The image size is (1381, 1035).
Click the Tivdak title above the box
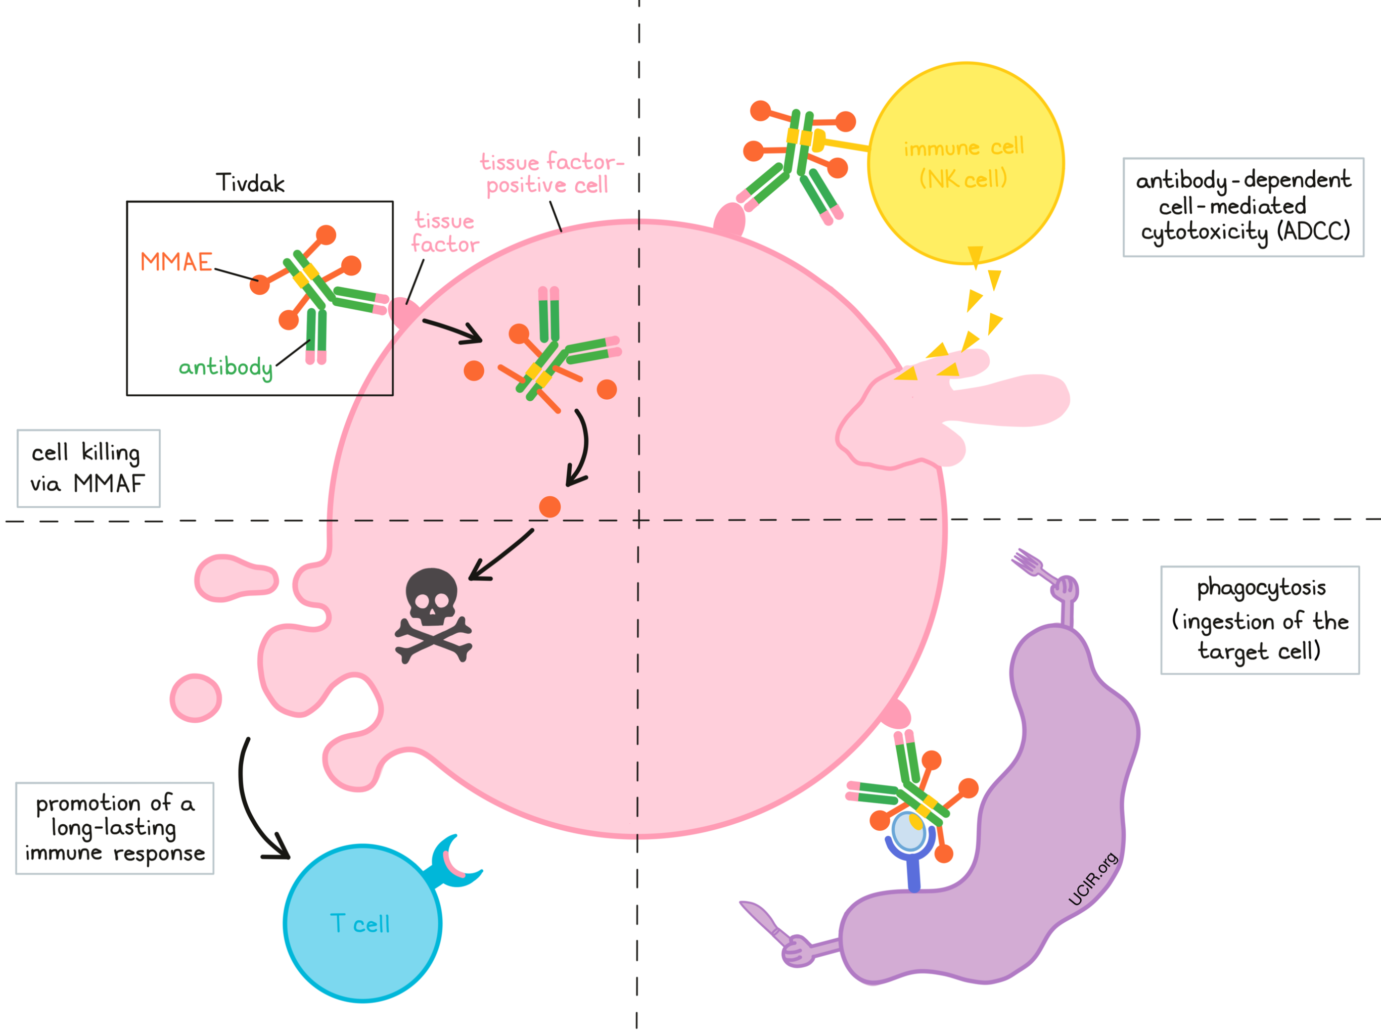coord(250,183)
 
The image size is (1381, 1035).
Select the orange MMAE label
coord(176,262)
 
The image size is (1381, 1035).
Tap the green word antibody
coord(225,367)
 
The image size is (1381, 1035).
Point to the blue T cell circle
coord(362,923)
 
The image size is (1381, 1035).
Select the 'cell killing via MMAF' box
coord(88,468)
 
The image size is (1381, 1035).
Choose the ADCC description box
coord(1243,207)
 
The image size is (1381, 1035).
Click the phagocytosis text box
coord(1259,620)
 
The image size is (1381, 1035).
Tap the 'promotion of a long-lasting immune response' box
coord(115,828)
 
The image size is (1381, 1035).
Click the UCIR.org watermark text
coord(1092,879)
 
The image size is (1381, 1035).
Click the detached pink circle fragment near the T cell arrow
coord(196,697)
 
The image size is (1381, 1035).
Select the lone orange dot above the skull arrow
coord(549,506)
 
